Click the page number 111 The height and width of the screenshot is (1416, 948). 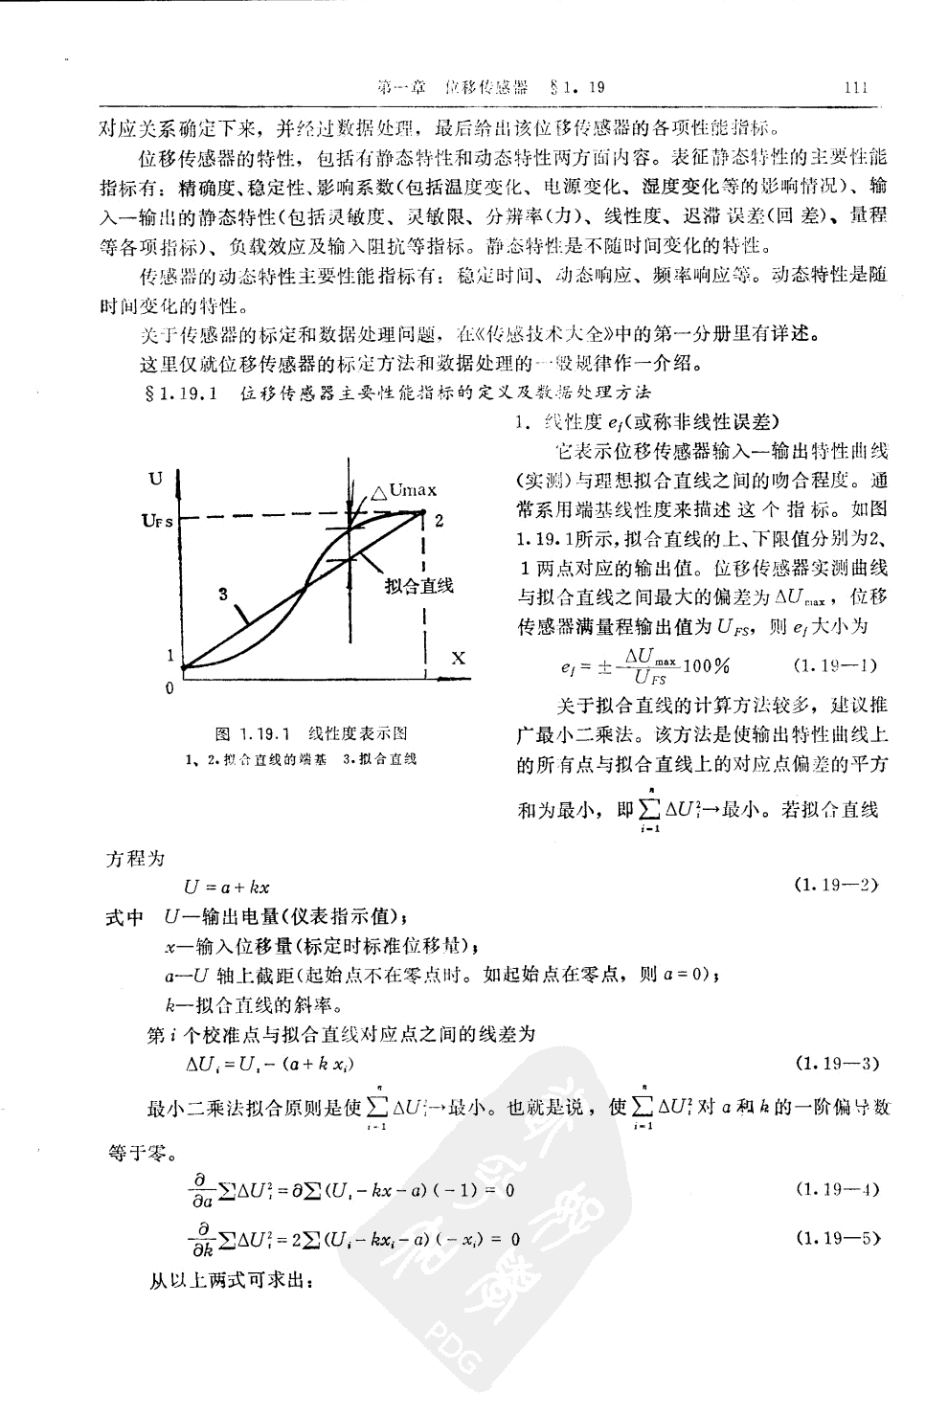[855, 88]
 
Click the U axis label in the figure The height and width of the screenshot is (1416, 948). [155, 478]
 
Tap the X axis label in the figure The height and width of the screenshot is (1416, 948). [458, 658]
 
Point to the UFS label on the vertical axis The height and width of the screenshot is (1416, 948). [157, 521]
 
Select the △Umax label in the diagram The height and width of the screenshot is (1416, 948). [404, 491]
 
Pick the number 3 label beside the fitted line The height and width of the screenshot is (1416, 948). [222, 594]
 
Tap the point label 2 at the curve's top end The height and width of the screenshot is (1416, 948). [438, 521]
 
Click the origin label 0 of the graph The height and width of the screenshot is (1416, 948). [170, 687]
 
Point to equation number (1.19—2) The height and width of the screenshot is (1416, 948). [837, 883]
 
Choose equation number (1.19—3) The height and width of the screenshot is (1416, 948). [837, 1063]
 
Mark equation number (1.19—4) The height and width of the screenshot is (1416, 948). [837, 1190]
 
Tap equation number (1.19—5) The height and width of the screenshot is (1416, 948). [837, 1238]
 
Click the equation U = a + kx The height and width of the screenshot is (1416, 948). [227, 888]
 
